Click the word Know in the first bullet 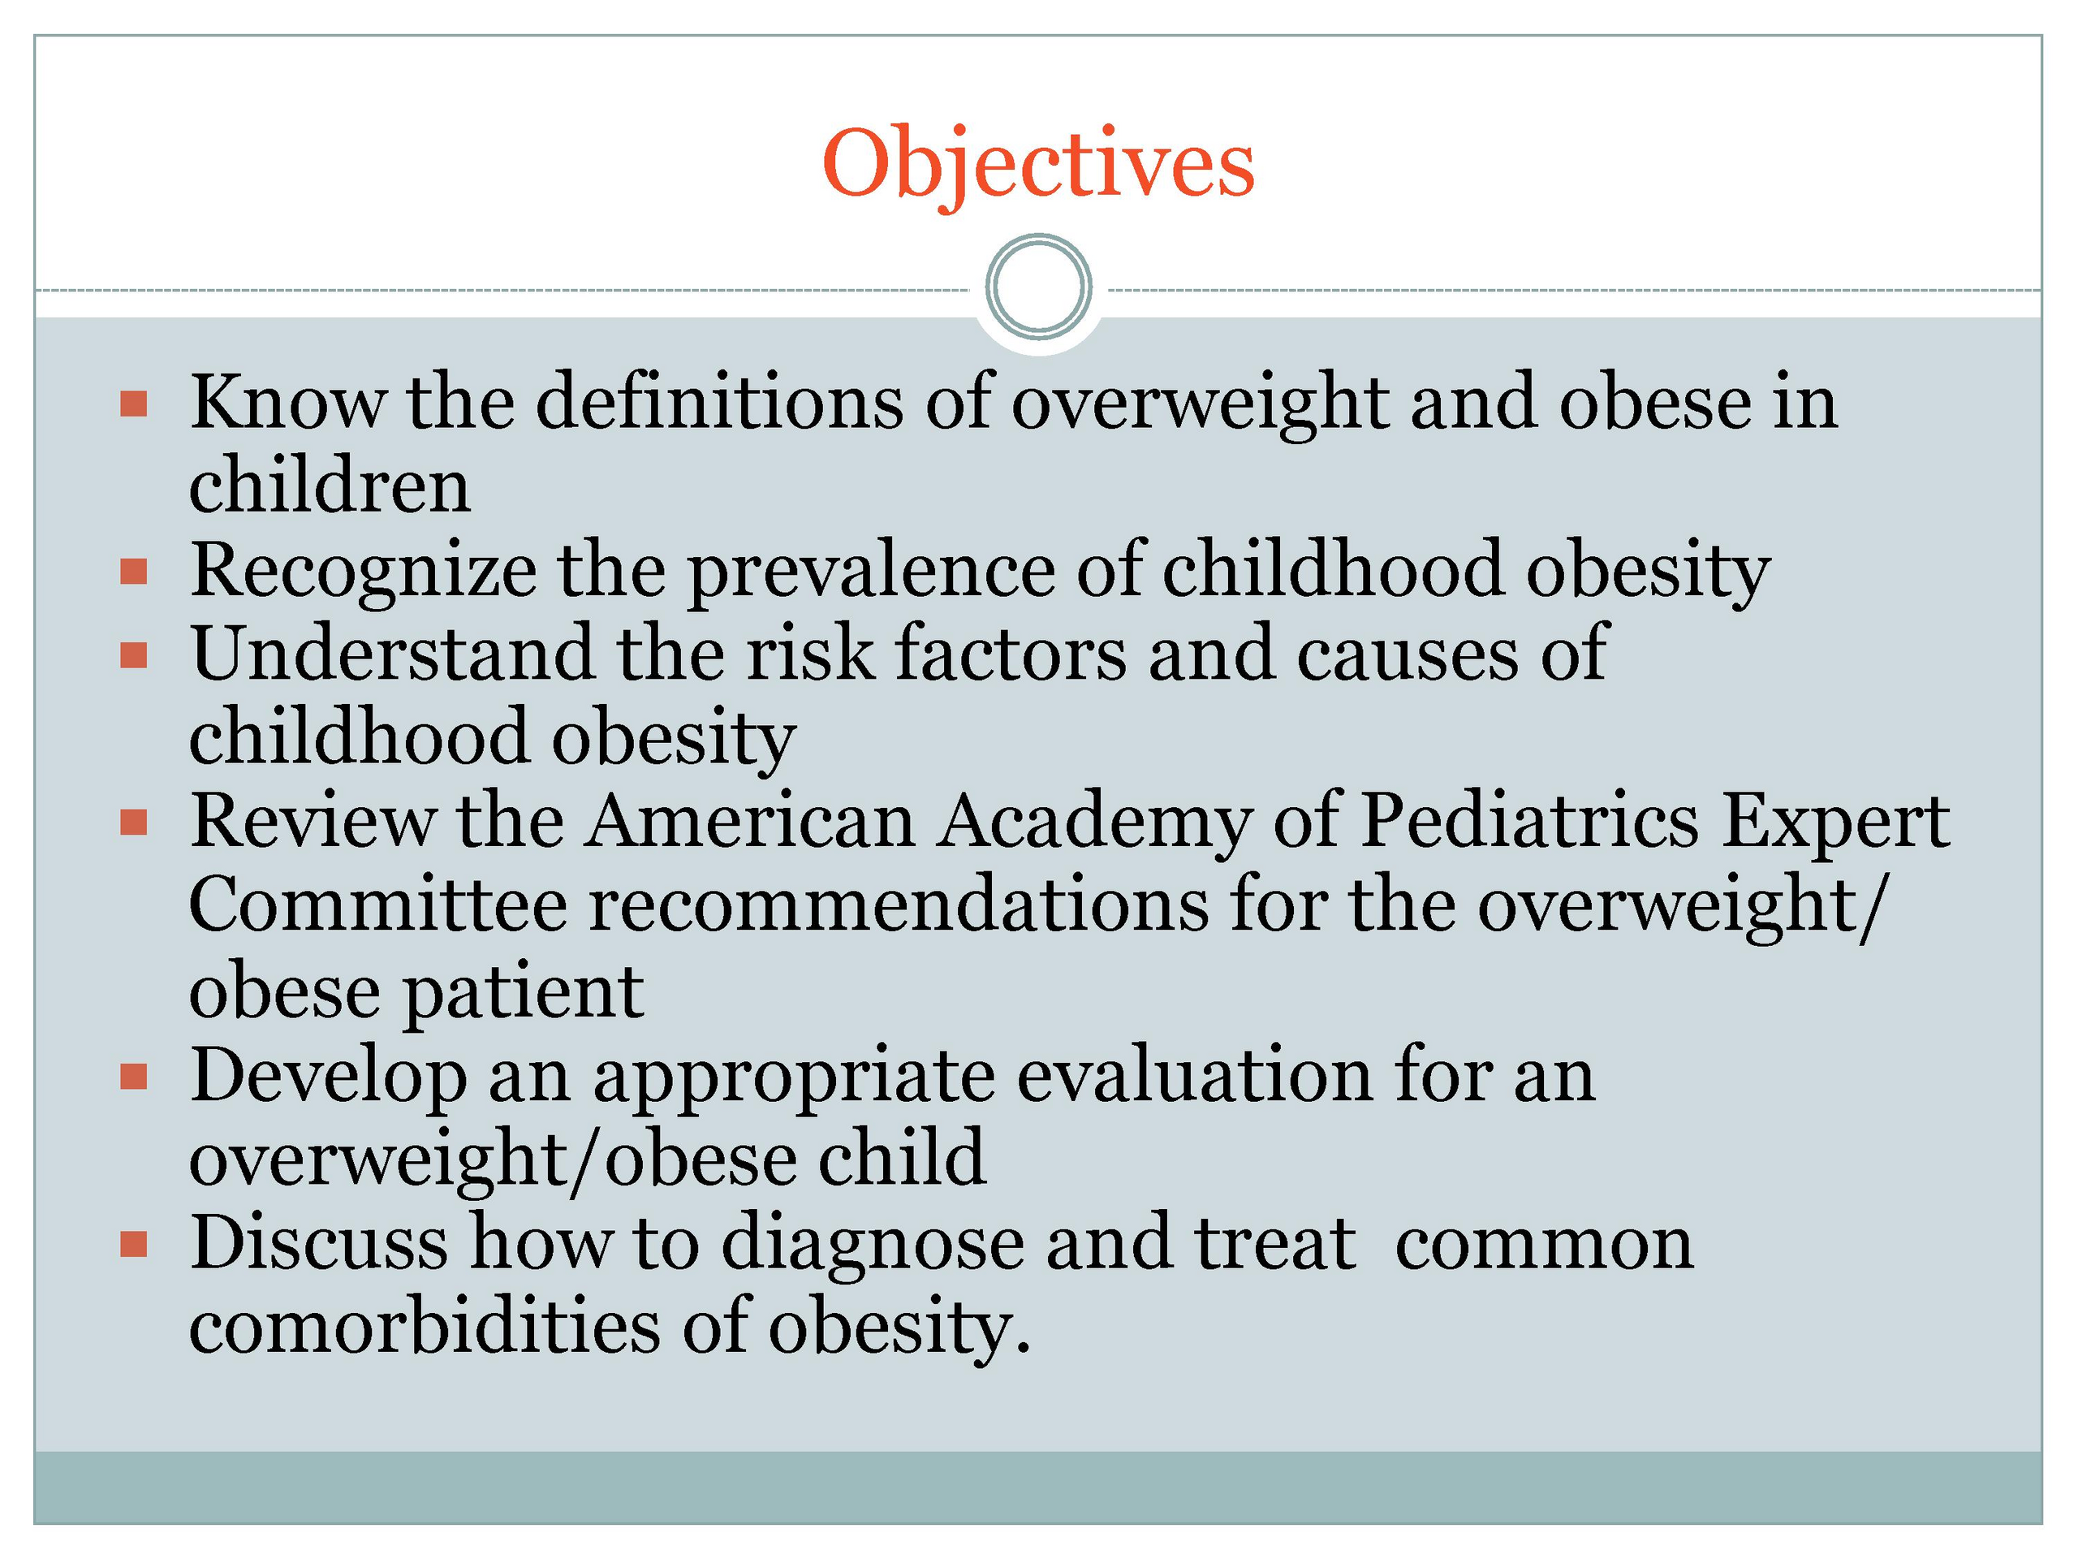point(287,401)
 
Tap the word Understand point(393,652)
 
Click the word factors point(1011,652)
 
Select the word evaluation point(1194,1076)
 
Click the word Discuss point(319,1242)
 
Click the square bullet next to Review point(134,823)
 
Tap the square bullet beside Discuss point(134,1244)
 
